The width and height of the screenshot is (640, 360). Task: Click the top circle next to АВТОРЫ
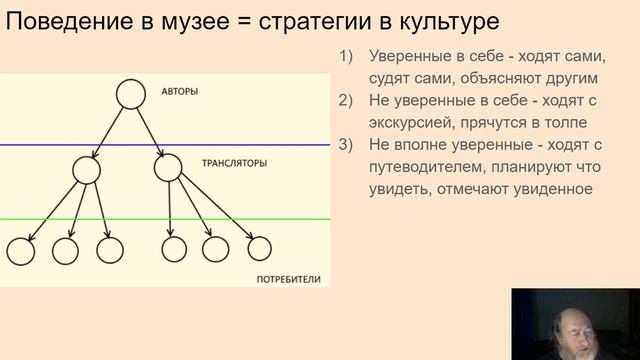[x=131, y=93]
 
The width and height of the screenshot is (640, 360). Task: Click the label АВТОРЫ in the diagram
[x=179, y=93]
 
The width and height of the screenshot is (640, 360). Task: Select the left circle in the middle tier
[x=87, y=169]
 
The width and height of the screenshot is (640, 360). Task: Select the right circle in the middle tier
[x=168, y=169]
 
